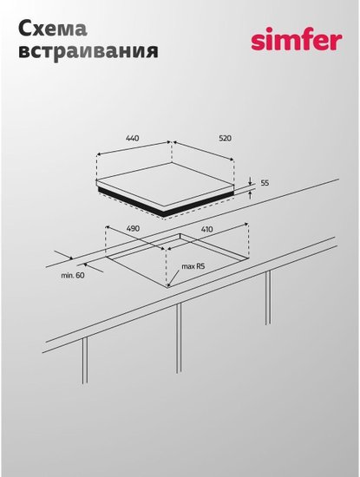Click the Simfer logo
point(297,39)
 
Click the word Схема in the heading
point(53,29)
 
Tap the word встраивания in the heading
point(88,50)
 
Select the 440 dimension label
point(133,138)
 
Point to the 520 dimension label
point(226,138)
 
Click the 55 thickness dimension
point(265,183)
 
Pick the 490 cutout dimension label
point(133,228)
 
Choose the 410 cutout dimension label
point(207,229)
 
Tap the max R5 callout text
point(193,267)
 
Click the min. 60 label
point(73,276)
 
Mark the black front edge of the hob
point(165,204)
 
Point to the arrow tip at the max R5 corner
point(168,286)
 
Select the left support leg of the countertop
point(85,360)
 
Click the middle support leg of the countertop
point(179,338)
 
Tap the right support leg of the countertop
point(268,297)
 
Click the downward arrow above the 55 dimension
point(250,180)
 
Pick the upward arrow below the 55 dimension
point(250,194)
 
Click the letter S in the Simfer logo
point(259,42)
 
